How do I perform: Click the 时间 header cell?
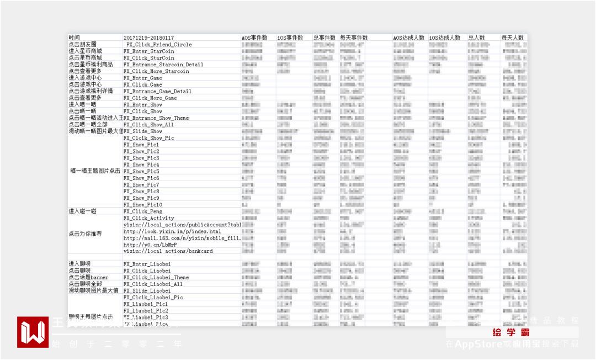pyautogui.click(x=74, y=38)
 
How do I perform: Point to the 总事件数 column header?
pyautogui.click(x=324, y=38)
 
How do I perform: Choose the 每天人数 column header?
pyautogui.click(x=513, y=38)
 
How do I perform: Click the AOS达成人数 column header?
pyautogui.click(x=408, y=38)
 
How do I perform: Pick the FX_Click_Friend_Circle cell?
pyautogui.click(x=159, y=44)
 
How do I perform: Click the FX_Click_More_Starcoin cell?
pyautogui.click(x=156, y=71)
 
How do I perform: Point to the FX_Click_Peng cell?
pyautogui.click(x=143, y=211)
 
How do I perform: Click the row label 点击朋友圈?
pyautogui.click(x=82, y=44)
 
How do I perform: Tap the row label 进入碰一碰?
pyautogui.click(x=82, y=211)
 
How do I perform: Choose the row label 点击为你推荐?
pyautogui.click(x=85, y=234)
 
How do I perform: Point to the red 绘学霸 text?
pyautogui.click(x=512, y=333)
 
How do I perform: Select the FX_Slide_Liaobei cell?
pyautogui.click(x=147, y=290)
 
